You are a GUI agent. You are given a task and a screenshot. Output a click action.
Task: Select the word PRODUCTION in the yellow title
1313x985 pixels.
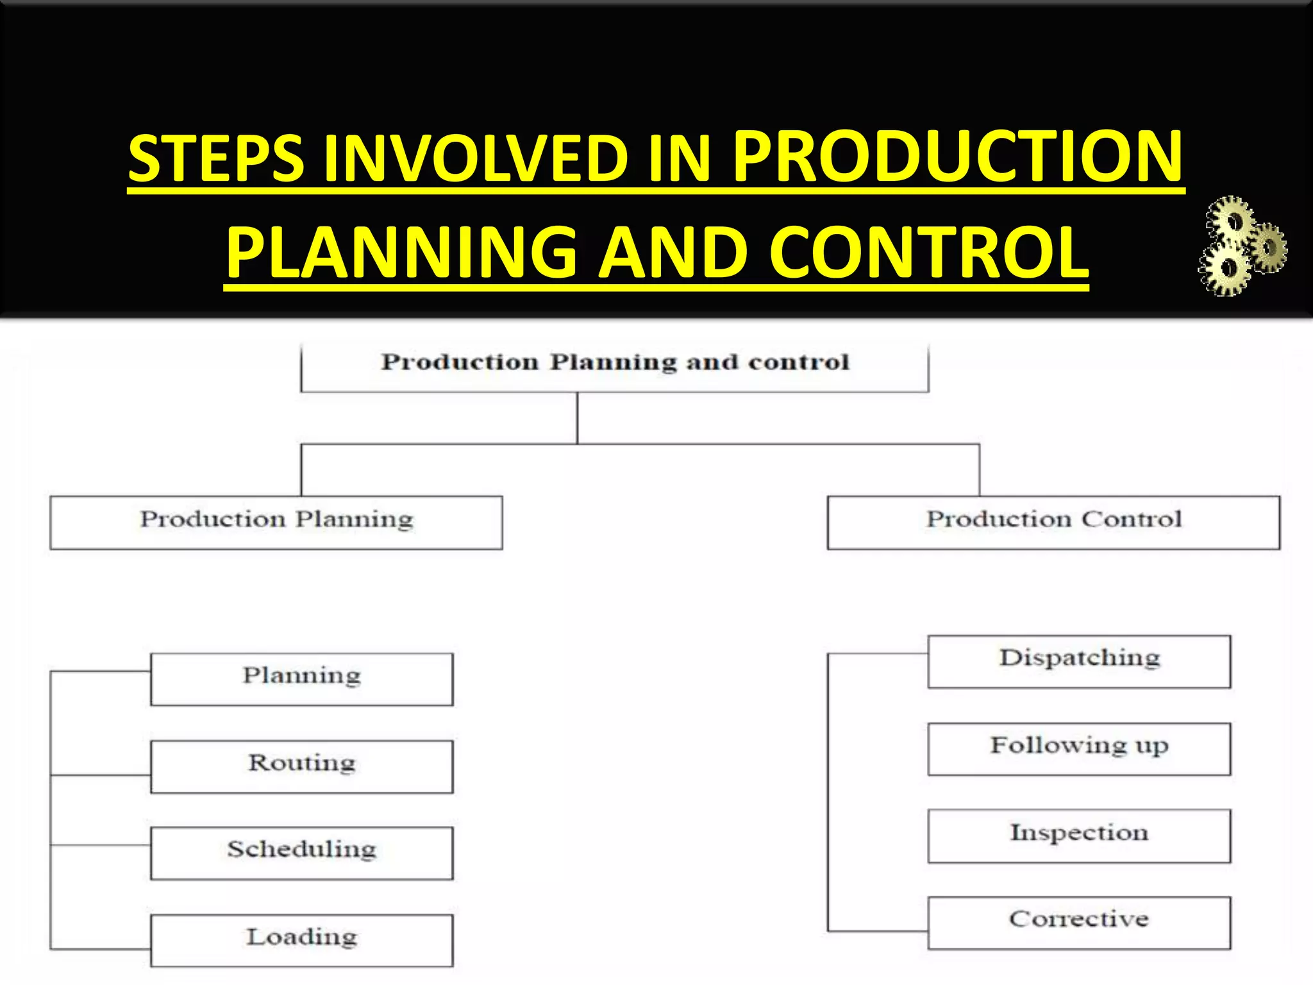(958, 156)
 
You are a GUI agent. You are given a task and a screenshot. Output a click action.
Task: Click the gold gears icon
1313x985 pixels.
(1241, 246)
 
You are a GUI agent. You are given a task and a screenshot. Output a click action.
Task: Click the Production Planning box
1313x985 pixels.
(276, 522)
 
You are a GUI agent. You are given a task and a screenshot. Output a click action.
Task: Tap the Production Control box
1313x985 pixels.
(1053, 522)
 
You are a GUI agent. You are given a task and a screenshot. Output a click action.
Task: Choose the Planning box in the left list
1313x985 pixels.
(302, 678)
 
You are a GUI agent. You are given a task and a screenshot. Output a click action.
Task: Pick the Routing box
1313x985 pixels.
(302, 766)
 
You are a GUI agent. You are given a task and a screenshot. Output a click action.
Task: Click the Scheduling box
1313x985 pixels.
(302, 852)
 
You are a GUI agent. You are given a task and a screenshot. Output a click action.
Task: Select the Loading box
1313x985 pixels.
(302, 940)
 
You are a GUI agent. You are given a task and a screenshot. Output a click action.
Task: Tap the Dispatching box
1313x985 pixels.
(1079, 661)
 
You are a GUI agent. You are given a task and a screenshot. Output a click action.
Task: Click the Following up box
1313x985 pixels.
(1079, 748)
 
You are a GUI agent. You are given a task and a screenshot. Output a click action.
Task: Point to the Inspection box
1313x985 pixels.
(1079, 836)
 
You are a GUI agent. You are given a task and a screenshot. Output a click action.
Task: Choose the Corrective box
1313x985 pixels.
(1079, 922)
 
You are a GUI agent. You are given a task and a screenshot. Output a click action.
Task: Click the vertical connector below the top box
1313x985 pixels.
(577, 417)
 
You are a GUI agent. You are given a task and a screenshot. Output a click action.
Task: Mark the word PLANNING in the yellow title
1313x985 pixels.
(401, 253)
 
